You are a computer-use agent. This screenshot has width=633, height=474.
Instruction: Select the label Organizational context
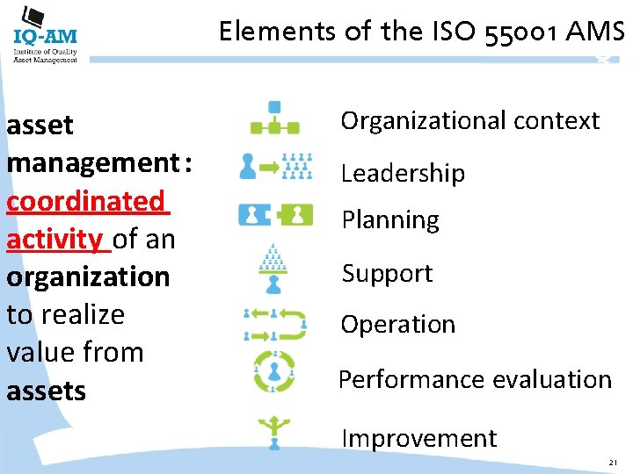click(470, 120)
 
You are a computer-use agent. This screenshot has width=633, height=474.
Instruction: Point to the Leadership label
click(403, 173)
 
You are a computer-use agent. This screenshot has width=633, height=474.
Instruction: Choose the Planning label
click(389, 219)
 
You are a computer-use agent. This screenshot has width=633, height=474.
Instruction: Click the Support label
click(387, 273)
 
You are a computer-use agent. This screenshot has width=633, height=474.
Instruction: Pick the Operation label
click(398, 324)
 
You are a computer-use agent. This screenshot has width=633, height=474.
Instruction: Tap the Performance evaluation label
click(475, 379)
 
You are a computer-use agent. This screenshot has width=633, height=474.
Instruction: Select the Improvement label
click(418, 437)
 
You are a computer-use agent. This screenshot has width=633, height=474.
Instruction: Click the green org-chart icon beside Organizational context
click(275, 118)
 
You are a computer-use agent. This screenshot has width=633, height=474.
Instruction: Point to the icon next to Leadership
click(275, 166)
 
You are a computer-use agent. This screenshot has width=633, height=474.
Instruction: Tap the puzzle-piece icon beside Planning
click(275, 213)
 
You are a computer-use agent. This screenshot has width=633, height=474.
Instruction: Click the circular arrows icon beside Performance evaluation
click(275, 371)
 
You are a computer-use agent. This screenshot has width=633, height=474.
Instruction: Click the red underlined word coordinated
click(84, 201)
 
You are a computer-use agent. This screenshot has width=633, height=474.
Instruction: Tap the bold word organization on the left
click(88, 276)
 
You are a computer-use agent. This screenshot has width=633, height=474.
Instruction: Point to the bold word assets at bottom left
click(46, 391)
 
